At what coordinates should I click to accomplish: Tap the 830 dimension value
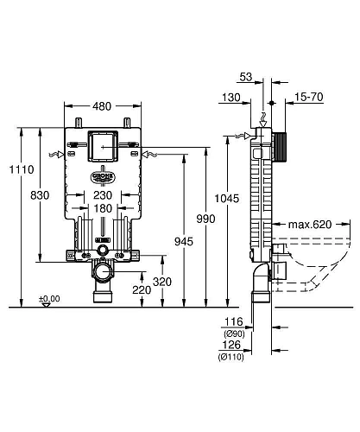pyautogui.click(x=39, y=195)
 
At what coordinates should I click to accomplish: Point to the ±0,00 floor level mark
pyautogui.click(x=49, y=298)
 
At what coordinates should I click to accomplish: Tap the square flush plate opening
pyautogui.click(x=103, y=144)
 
